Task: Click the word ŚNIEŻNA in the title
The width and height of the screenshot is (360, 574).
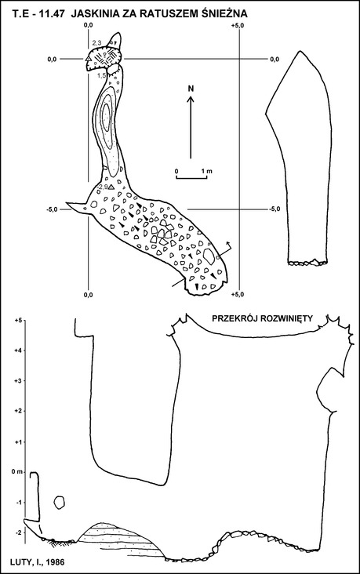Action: pyautogui.click(x=225, y=14)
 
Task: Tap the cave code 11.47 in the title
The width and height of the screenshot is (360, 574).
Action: pyautogui.click(x=53, y=14)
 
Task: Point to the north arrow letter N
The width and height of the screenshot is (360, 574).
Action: pyautogui.click(x=191, y=89)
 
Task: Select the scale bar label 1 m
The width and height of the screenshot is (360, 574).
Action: pyautogui.click(x=206, y=171)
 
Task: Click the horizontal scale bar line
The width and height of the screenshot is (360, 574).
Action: pyautogui.click(x=192, y=178)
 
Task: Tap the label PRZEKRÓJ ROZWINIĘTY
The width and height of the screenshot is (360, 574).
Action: pyautogui.click(x=263, y=318)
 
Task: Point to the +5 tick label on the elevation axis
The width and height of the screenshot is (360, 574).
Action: pyautogui.click(x=18, y=320)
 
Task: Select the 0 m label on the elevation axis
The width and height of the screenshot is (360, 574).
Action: pyautogui.click(x=16, y=472)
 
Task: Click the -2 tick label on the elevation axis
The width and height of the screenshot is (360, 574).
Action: pyautogui.click(x=19, y=532)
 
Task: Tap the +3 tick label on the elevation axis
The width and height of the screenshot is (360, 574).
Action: pyautogui.click(x=18, y=381)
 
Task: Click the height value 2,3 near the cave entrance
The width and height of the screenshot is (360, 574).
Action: pyautogui.click(x=96, y=43)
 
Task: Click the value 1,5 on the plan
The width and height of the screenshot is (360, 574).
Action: pyautogui.click(x=101, y=75)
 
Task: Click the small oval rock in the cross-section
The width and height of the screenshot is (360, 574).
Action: pyautogui.click(x=59, y=502)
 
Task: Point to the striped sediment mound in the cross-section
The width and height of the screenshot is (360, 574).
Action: pyautogui.click(x=121, y=538)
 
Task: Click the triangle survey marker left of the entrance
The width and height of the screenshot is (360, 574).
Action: pyautogui.click(x=88, y=59)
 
